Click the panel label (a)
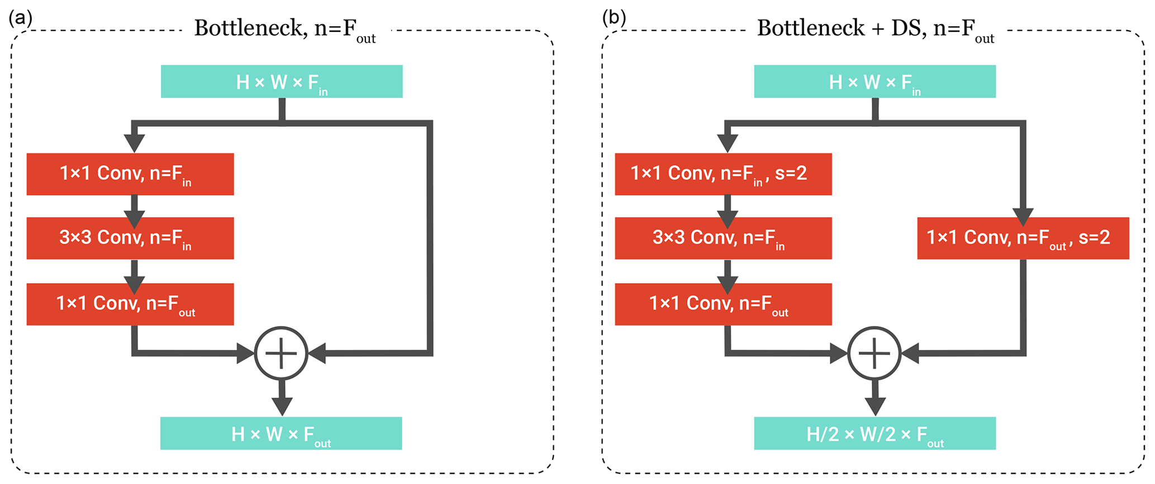20,18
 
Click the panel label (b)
614,18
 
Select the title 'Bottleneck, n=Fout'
284,29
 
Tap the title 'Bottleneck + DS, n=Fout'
875,29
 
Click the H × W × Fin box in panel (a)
282,82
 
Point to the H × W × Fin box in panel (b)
874,82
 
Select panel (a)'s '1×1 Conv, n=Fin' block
130,174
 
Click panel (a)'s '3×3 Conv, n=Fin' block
130,238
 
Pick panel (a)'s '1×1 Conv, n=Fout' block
130,304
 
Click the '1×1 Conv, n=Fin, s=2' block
723,174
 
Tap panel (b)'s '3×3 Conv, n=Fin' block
723,238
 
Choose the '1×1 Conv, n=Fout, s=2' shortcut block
1023,238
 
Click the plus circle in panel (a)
281,353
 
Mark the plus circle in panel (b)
874,353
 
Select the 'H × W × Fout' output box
281,433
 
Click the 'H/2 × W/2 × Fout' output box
874,433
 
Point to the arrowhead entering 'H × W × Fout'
282,407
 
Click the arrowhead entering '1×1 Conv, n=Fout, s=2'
1023,217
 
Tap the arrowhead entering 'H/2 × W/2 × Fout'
875,407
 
